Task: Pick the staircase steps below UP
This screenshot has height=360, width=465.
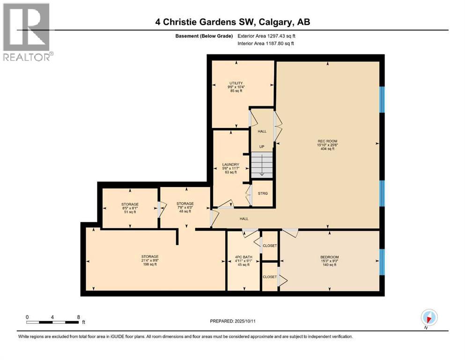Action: pyautogui.click(x=262, y=165)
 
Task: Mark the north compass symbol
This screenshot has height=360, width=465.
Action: pyautogui.click(x=428, y=318)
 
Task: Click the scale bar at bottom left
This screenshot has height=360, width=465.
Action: pyautogui.click(x=52, y=322)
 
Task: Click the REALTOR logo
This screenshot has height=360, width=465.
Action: pyautogui.click(x=27, y=32)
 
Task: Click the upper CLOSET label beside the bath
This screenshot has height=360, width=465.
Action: pyautogui.click(x=270, y=246)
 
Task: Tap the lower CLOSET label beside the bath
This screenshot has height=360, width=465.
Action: pyautogui.click(x=270, y=277)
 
